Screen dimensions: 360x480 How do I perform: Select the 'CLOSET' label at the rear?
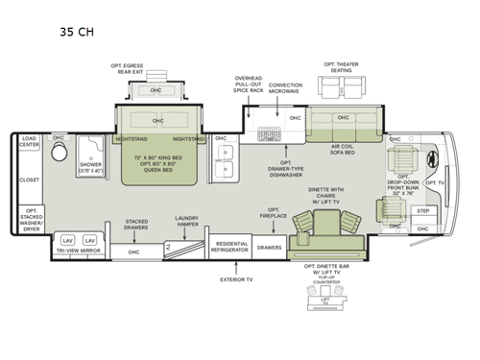point(29,180)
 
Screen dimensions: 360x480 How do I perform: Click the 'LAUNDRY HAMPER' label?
point(186,223)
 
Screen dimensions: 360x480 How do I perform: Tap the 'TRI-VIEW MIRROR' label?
point(80,252)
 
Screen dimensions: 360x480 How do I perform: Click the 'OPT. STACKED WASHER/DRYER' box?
point(31,220)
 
